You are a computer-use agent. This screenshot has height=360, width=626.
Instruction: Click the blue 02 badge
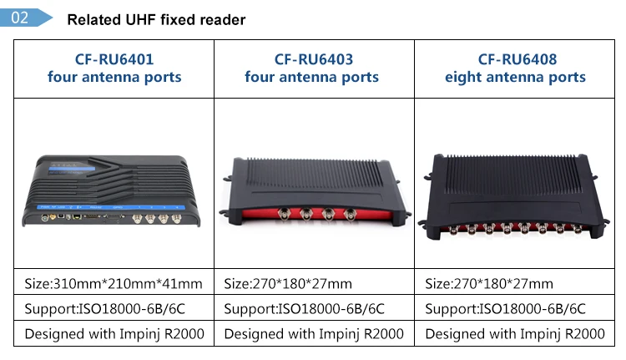click(x=29, y=18)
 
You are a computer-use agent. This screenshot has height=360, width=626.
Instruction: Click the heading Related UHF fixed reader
click(x=156, y=19)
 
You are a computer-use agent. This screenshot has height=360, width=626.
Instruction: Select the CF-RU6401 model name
click(x=114, y=59)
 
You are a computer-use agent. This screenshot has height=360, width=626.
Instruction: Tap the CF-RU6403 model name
click(x=314, y=59)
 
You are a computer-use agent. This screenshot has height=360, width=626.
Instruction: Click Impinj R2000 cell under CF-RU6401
click(x=114, y=334)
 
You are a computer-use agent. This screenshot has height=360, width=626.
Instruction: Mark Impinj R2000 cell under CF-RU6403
click(x=314, y=334)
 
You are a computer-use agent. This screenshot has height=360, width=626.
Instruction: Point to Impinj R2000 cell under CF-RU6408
click(x=515, y=334)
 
